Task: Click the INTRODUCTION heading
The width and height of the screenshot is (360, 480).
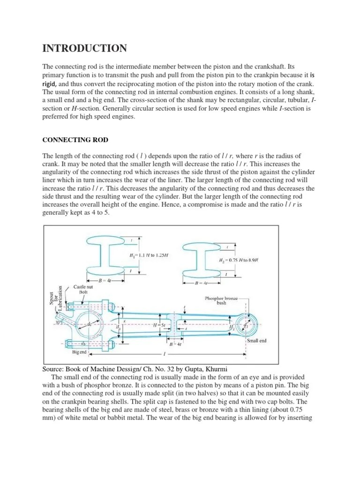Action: click(85, 48)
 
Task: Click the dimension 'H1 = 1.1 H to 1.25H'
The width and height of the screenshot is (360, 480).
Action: click(149, 255)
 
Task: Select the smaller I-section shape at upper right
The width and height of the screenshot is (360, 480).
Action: click(200, 259)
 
